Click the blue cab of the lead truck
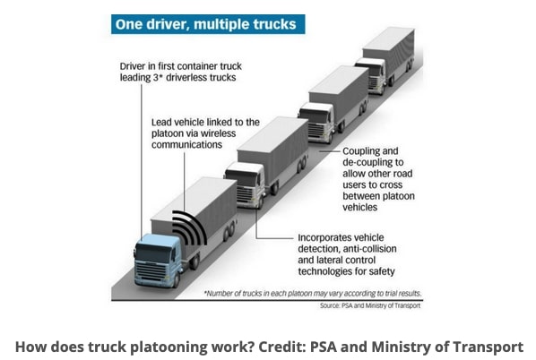click(x=158, y=260)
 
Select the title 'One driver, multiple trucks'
click(x=206, y=24)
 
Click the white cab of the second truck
click(x=245, y=184)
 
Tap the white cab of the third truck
click(x=316, y=123)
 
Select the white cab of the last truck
click(x=370, y=75)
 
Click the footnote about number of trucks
click(x=313, y=294)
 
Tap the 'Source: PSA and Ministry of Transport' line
click(x=370, y=305)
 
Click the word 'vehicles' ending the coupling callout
click(x=360, y=208)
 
